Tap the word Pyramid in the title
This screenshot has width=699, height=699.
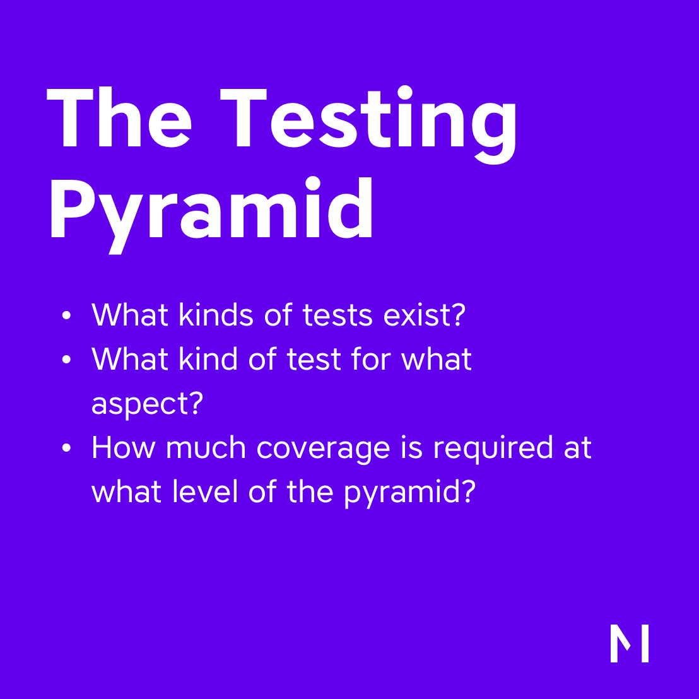point(211,215)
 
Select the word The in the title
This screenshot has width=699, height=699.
point(119,116)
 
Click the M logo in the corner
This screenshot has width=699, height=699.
point(629,643)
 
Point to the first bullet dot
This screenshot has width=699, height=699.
point(66,315)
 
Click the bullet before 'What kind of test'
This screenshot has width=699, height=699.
point(66,360)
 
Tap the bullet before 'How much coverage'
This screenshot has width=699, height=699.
point(66,447)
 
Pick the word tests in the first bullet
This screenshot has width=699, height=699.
point(338,315)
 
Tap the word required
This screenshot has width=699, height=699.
point(493,448)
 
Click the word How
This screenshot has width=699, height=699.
point(124,447)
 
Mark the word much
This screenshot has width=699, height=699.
point(206,447)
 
